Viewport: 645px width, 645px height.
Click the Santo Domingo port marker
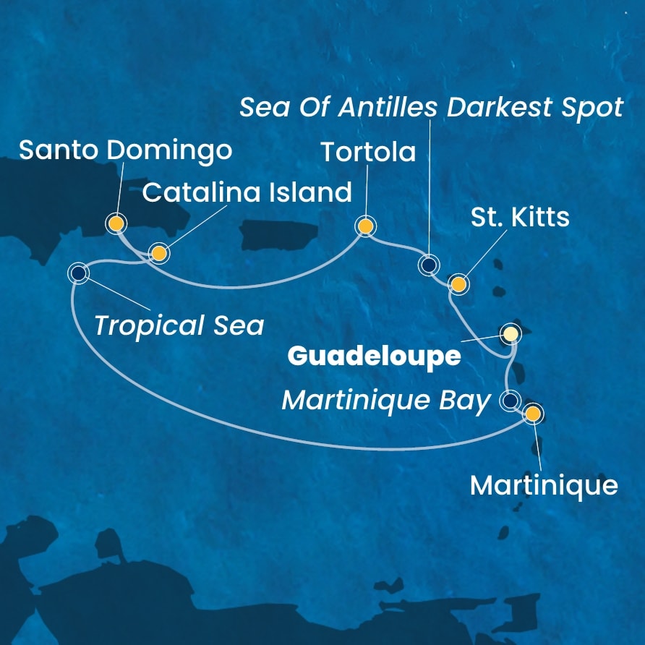pyautogui.click(x=115, y=223)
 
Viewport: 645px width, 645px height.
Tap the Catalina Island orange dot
pyautogui.click(x=158, y=253)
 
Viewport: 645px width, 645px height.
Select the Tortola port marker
pyautogui.click(x=366, y=227)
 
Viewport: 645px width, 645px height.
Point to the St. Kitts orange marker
pyautogui.click(x=458, y=284)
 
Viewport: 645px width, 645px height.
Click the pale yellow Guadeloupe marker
pyautogui.click(x=511, y=333)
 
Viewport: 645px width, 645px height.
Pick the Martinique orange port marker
pyautogui.click(x=533, y=414)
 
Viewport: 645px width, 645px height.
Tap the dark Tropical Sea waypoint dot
pyautogui.click(x=78, y=273)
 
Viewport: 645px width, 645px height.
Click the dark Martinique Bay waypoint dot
pyautogui.click(x=511, y=400)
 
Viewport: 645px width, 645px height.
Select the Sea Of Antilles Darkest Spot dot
pyautogui.click(x=429, y=266)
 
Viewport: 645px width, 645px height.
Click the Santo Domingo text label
pyautogui.click(x=125, y=150)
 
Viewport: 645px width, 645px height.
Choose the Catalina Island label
pyautogui.click(x=247, y=193)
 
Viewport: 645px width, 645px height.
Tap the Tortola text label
pyautogui.click(x=368, y=153)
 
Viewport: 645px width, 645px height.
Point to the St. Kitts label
pyautogui.click(x=521, y=217)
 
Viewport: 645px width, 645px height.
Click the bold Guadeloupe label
pyautogui.click(x=374, y=356)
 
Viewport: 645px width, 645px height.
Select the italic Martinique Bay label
pyautogui.click(x=386, y=401)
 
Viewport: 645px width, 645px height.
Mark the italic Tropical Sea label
pyautogui.click(x=179, y=325)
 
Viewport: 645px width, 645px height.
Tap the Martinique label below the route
pyautogui.click(x=544, y=485)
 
